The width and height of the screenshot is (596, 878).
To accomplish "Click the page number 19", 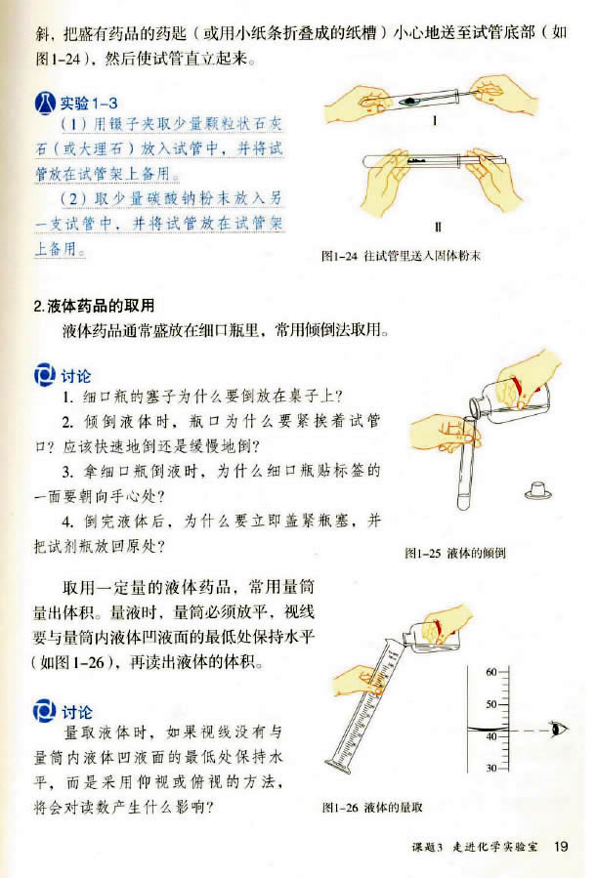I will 561,845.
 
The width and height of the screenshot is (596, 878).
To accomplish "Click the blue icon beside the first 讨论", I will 45,375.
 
